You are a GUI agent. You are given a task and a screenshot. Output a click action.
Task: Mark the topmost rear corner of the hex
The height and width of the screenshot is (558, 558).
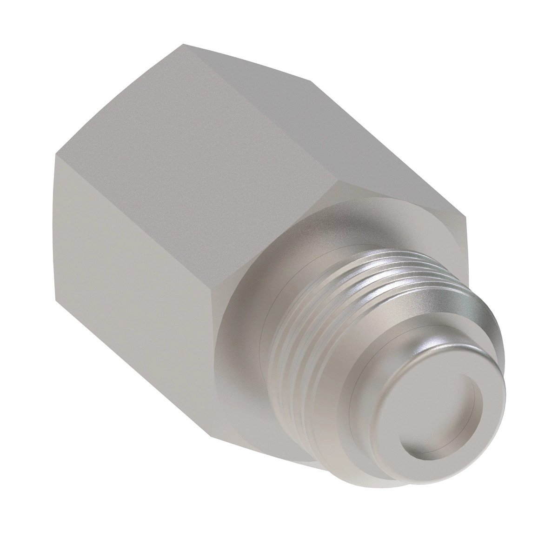pyautogui.click(x=183, y=44)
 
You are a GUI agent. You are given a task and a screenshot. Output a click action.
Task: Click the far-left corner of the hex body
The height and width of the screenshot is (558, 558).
pyautogui.click(x=55, y=156)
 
